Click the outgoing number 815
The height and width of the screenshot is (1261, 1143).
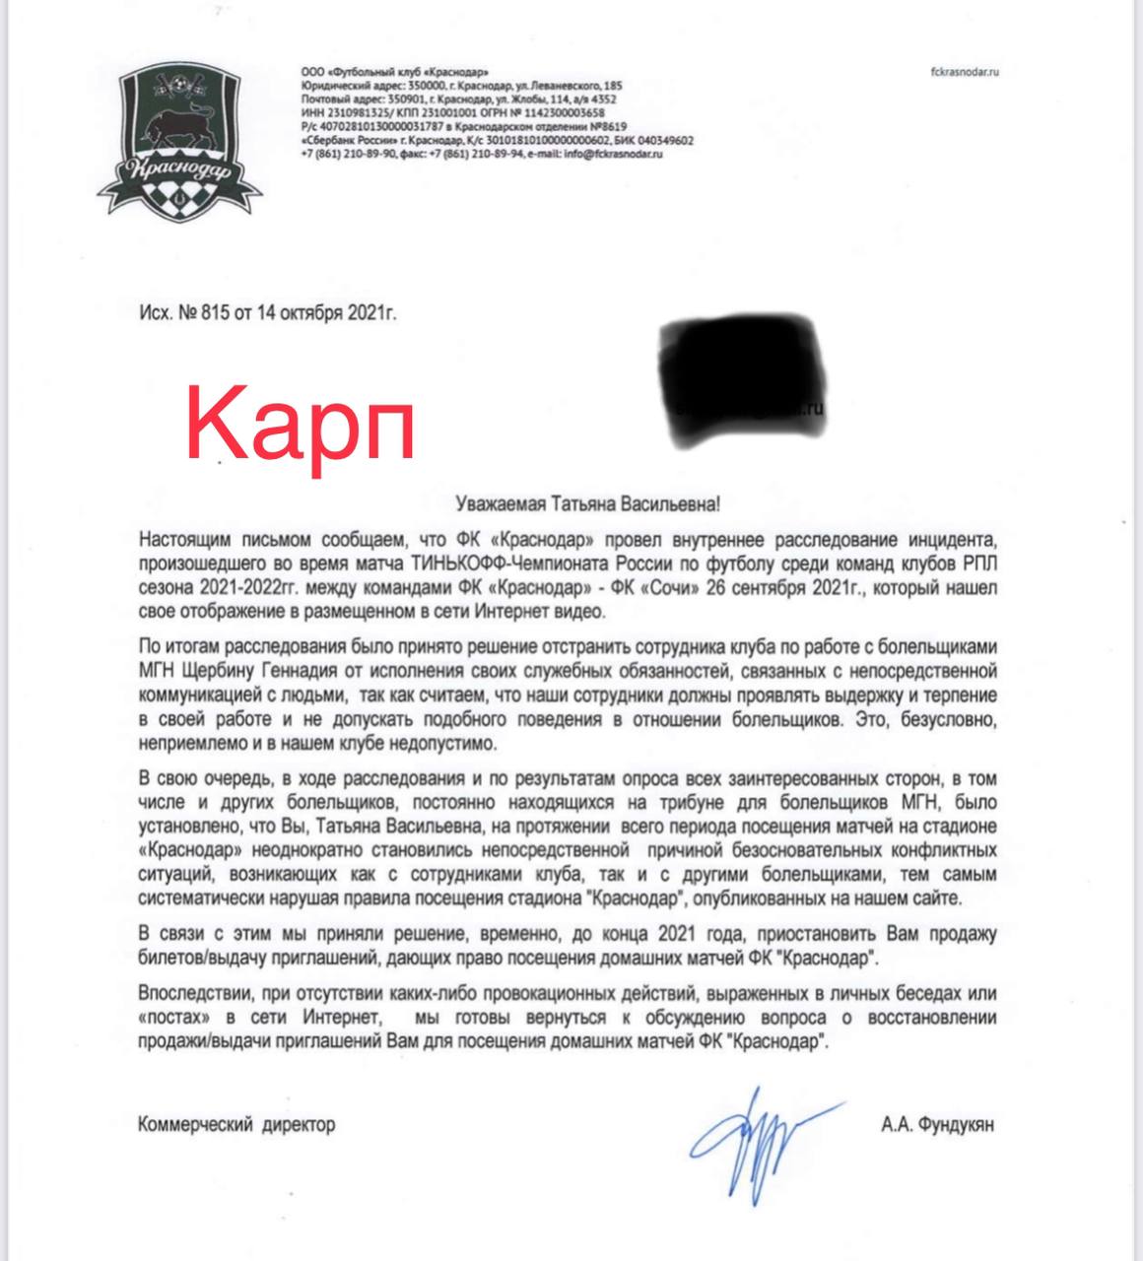tap(214, 314)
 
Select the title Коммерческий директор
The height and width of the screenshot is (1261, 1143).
tap(236, 1124)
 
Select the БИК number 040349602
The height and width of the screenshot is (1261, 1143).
tap(662, 141)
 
